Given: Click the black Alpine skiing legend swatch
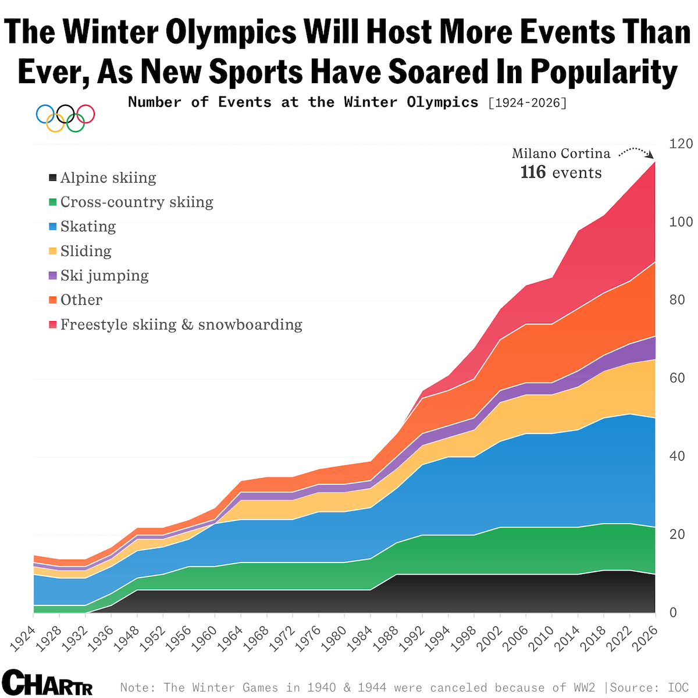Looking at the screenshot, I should (x=53, y=178).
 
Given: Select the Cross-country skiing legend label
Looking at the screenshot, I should (x=137, y=202).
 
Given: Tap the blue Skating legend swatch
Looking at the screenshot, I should (x=53, y=227).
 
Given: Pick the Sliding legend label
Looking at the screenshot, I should (x=86, y=251).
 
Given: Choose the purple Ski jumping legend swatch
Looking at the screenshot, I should (x=53, y=276).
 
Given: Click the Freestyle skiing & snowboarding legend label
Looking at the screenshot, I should (x=181, y=325).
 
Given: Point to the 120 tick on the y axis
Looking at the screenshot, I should (x=681, y=144).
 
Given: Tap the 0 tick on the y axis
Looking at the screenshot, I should (x=673, y=612).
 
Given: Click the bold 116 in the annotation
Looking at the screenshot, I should (x=533, y=173).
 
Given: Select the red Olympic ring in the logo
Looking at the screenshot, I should (x=86, y=113).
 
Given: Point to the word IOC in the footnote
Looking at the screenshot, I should (x=678, y=688).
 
